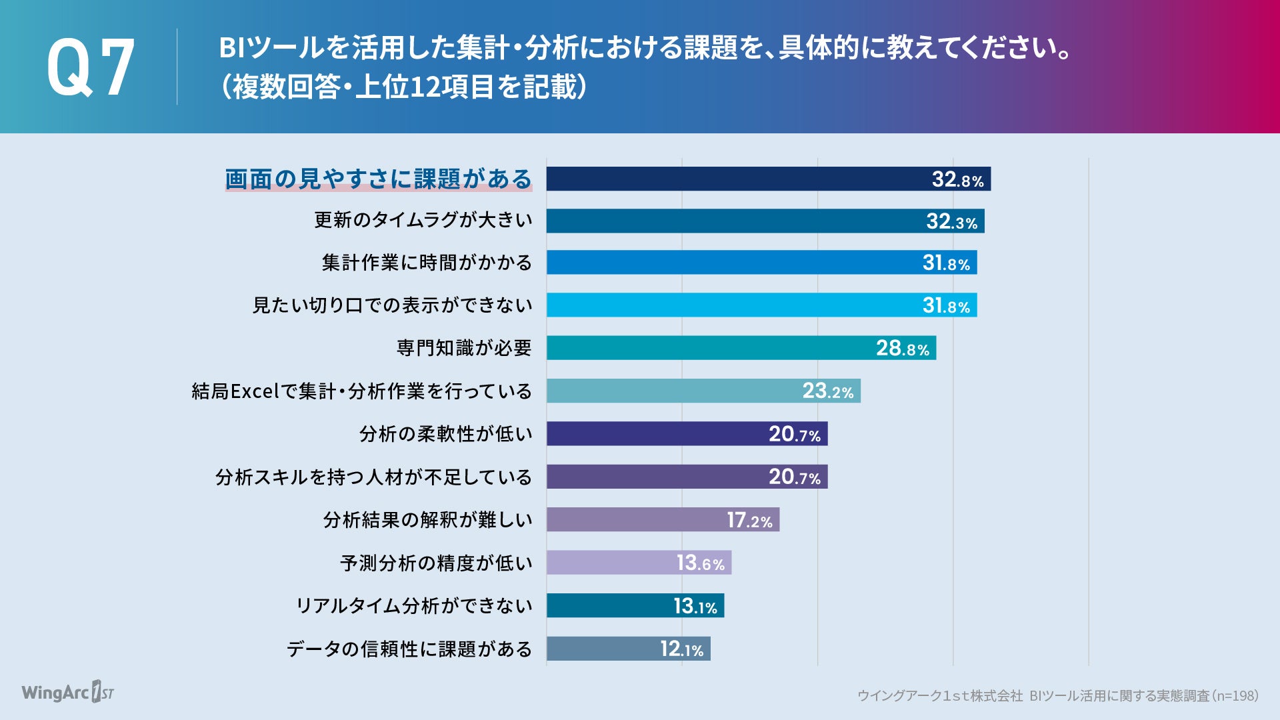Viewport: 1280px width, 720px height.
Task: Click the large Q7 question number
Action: [91, 67]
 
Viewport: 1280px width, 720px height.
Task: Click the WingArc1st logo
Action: [67, 692]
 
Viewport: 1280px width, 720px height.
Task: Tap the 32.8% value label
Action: [957, 179]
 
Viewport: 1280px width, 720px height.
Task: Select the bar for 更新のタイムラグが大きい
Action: [733, 221]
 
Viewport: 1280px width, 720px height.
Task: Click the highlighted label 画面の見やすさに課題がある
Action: [378, 179]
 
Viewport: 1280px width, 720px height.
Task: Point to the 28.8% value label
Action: [902, 348]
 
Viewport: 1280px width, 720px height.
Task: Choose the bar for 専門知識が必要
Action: [707, 348]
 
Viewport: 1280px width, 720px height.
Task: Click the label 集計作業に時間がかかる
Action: [427, 263]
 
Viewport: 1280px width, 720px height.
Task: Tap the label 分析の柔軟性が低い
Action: [445, 434]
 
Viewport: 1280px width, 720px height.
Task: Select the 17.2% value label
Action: [749, 520]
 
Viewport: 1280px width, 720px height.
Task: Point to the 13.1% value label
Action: [695, 606]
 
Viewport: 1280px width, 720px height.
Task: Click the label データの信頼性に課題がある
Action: [409, 649]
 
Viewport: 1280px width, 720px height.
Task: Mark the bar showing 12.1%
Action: [600, 649]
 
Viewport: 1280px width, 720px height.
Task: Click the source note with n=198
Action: [1057, 696]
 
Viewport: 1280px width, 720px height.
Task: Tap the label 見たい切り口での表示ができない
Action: [392, 305]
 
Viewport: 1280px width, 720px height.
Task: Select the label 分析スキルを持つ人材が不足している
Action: [373, 477]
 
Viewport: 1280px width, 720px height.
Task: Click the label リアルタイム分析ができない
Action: [413, 606]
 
